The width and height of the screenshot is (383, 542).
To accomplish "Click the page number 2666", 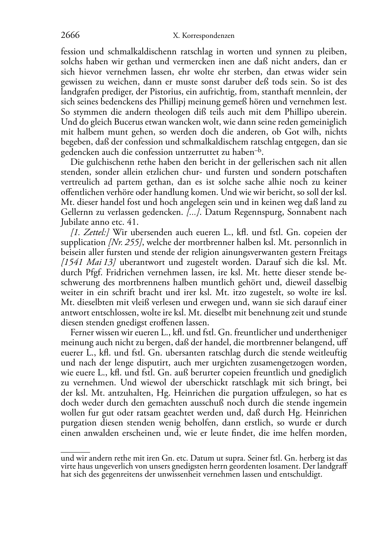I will pos(70,36).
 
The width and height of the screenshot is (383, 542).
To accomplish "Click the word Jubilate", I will pos(76,222).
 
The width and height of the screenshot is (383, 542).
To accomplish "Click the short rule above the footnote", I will pos(75,452).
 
